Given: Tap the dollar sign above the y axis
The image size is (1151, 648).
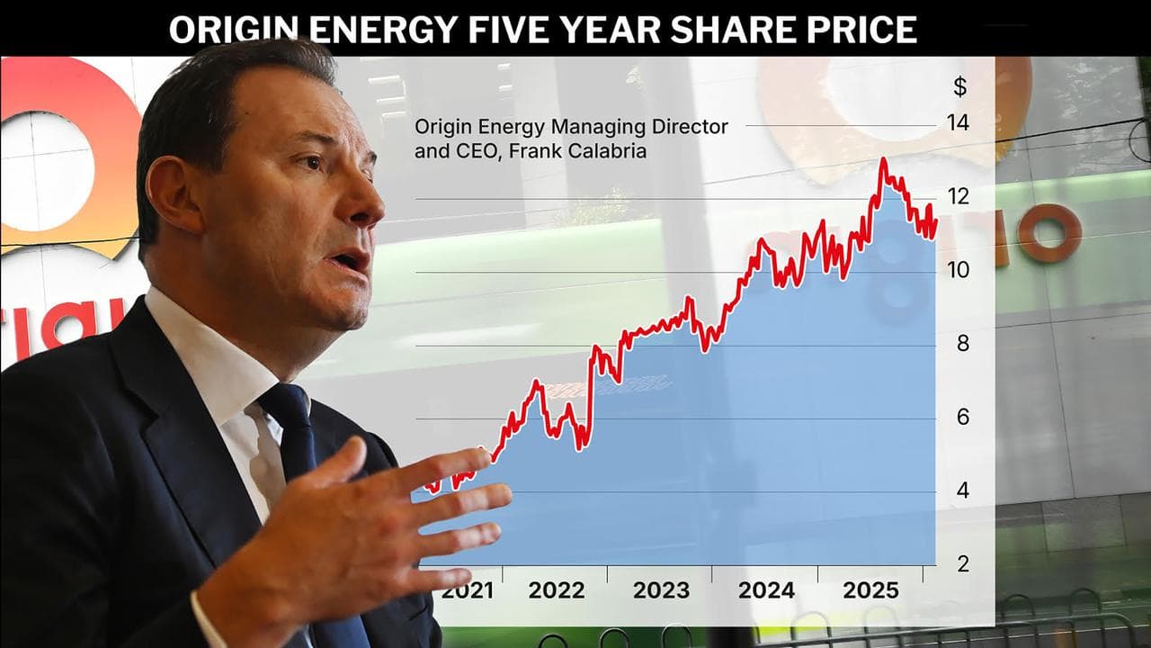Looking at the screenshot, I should (960, 87).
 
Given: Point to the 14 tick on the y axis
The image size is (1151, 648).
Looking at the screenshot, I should (959, 123).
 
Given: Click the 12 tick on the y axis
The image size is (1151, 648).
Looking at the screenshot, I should (959, 196).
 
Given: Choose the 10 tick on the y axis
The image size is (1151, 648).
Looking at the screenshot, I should (959, 270).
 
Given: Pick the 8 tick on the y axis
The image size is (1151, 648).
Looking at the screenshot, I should (962, 344).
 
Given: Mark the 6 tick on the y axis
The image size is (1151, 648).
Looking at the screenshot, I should (962, 418).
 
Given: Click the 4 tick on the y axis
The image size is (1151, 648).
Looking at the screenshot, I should (962, 491).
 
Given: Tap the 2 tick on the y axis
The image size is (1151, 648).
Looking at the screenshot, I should (962, 564).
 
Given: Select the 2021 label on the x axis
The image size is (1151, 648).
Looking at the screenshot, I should (467, 591).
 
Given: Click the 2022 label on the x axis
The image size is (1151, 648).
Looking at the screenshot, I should (556, 591).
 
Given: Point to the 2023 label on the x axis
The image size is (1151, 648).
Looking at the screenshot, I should (661, 591).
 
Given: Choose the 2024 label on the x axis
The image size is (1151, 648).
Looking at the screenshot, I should (766, 591).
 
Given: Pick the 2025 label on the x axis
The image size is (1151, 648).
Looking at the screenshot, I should (870, 591).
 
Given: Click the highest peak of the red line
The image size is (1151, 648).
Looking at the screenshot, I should (883, 160).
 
